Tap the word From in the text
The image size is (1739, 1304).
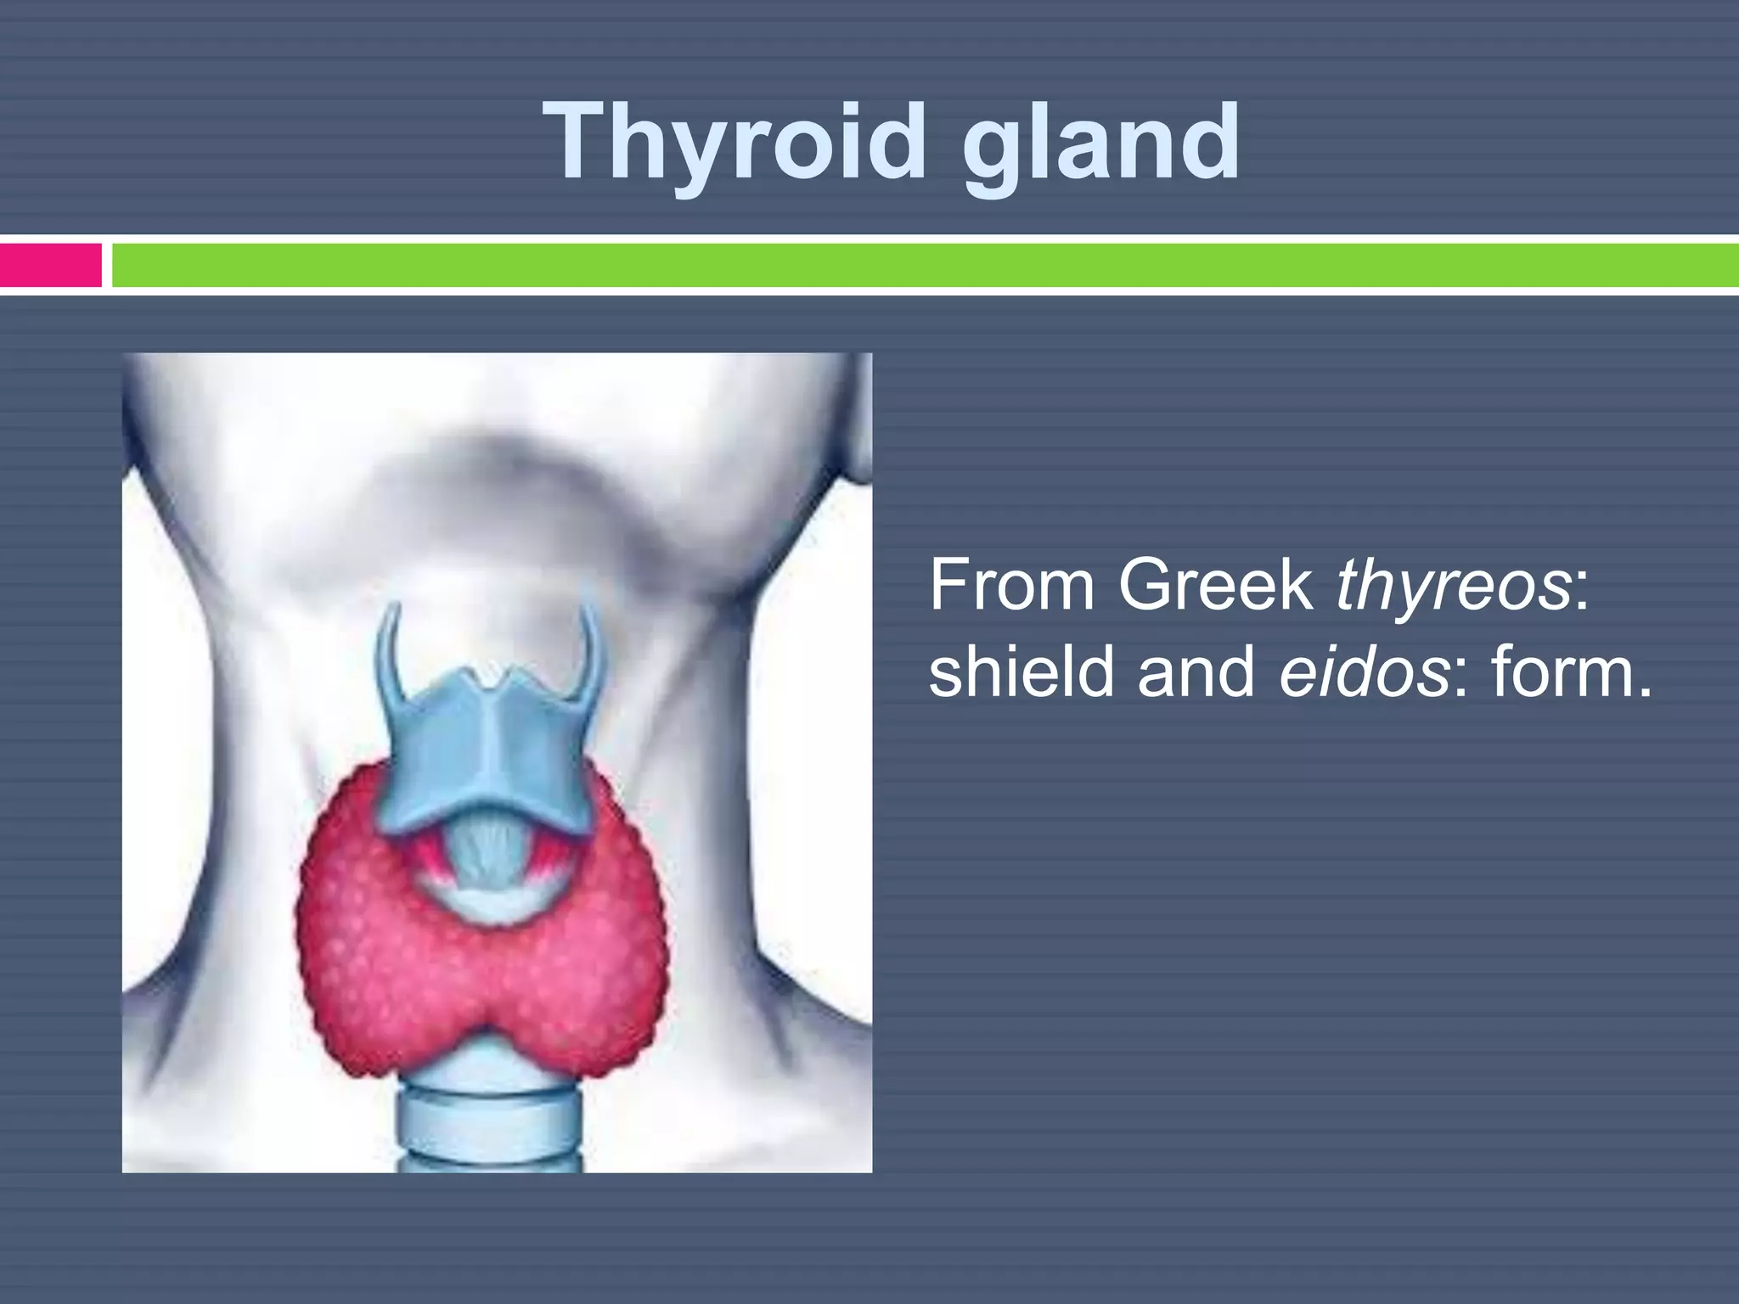tap(1013, 585)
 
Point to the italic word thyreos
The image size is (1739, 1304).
tap(1453, 585)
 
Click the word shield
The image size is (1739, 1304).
tap(1022, 671)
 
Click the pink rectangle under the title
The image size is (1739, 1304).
tap(50, 265)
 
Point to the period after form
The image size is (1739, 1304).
tap(1645, 692)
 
